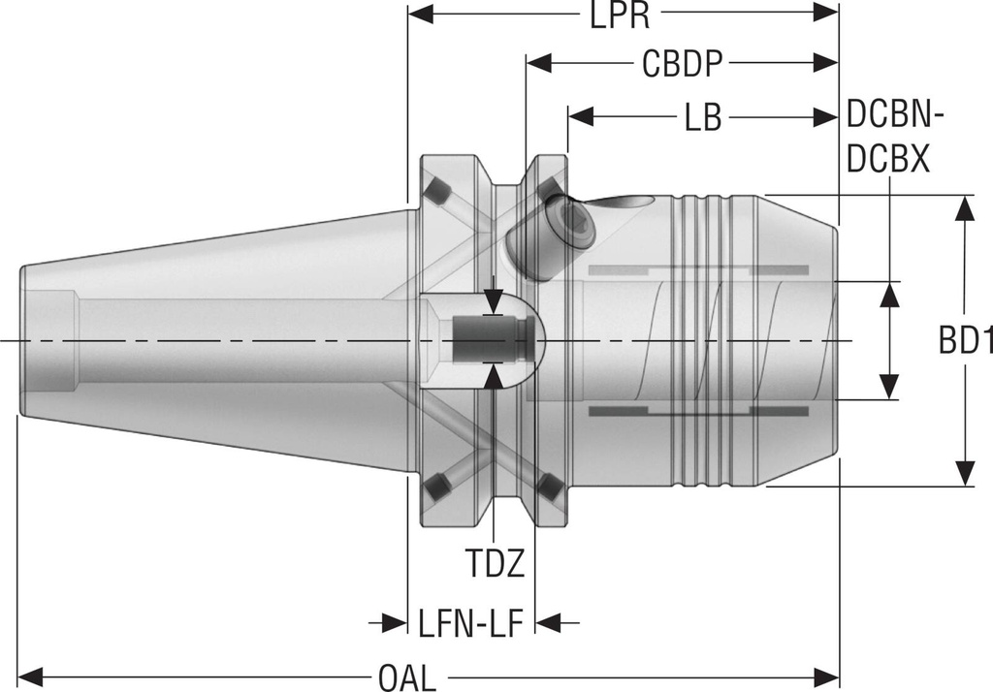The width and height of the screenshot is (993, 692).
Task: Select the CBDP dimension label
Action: point(682,65)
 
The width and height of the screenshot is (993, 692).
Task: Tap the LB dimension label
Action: point(702,117)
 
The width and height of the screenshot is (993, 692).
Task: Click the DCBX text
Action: point(888,158)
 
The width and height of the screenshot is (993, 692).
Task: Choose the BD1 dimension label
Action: point(965,341)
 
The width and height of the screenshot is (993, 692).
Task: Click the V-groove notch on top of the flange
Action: point(494,174)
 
